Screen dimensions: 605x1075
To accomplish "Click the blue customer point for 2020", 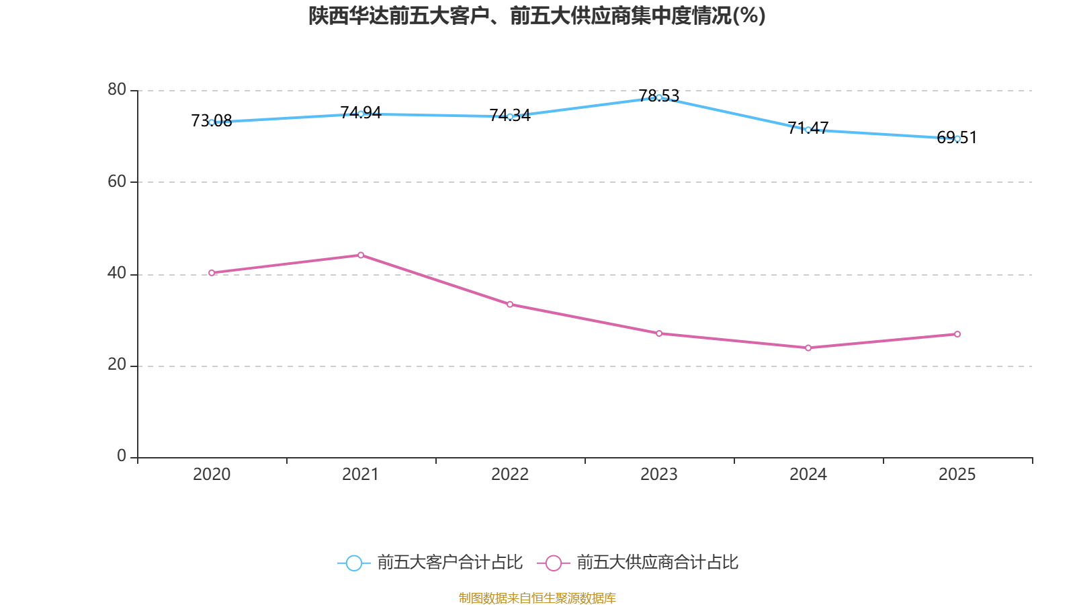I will pyautogui.click(x=212, y=122).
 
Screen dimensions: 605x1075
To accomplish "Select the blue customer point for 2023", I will pyautogui.click(x=659, y=97).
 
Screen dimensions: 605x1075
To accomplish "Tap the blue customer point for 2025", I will pyautogui.click(x=957, y=138).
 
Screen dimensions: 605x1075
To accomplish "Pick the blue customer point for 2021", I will pyautogui.click(x=361, y=114).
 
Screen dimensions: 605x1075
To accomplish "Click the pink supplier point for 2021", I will pyautogui.click(x=361, y=255).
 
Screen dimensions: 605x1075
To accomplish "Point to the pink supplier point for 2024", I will pyautogui.click(x=808, y=348).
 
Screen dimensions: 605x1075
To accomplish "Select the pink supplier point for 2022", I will pyautogui.click(x=510, y=305).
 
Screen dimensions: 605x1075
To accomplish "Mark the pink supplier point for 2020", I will pyautogui.click(x=212, y=273).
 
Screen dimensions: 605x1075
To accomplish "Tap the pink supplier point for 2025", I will pyautogui.click(x=957, y=334).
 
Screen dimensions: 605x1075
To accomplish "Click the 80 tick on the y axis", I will pyautogui.click(x=117, y=89).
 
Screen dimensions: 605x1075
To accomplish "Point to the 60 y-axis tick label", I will pyautogui.click(x=117, y=182).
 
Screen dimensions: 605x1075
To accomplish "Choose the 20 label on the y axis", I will pyautogui.click(x=117, y=364).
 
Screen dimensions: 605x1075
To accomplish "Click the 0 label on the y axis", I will pyautogui.click(x=122, y=456).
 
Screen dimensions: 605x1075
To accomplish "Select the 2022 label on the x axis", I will pyautogui.click(x=510, y=475).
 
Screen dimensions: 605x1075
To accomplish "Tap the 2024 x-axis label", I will pyautogui.click(x=808, y=475).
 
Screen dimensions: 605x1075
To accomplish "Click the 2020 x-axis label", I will pyautogui.click(x=212, y=475).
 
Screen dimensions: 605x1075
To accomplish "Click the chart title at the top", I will pyautogui.click(x=537, y=15).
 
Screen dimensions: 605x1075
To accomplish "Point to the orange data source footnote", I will pyautogui.click(x=537, y=598).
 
